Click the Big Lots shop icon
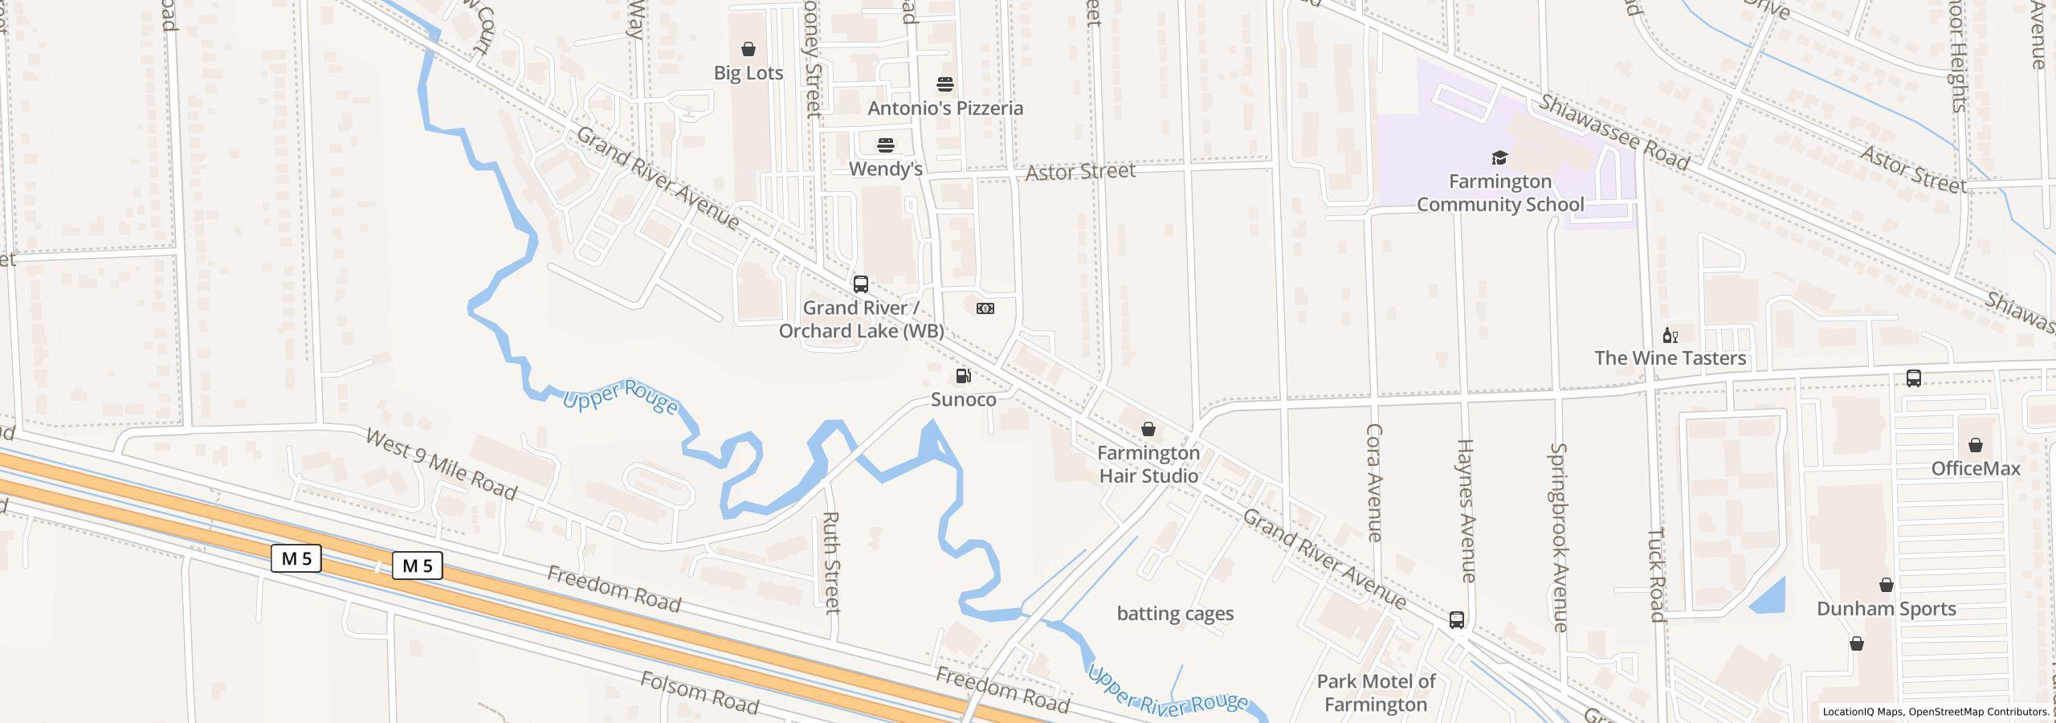click(748, 50)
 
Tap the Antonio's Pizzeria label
click(945, 108)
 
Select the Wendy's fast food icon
click(885, 145)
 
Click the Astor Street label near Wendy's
click(1080, 172)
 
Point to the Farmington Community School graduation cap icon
click(1499, 157)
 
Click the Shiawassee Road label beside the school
click(1614, 133)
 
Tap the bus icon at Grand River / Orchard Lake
click(860, 284)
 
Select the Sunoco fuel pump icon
click(963, 376)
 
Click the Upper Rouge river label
click(620, 397)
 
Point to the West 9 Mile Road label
click(441, 464)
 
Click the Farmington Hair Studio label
click(1148, 464)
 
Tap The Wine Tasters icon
click(1670, 336)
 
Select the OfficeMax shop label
click(1975, 468)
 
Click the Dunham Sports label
click(1886, 609)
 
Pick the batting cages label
click(1175, 614)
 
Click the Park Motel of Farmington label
click(1376, 692)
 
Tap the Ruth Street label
click(832, 562)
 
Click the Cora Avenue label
click(1374, 482)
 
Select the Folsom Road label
click(699, 693)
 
